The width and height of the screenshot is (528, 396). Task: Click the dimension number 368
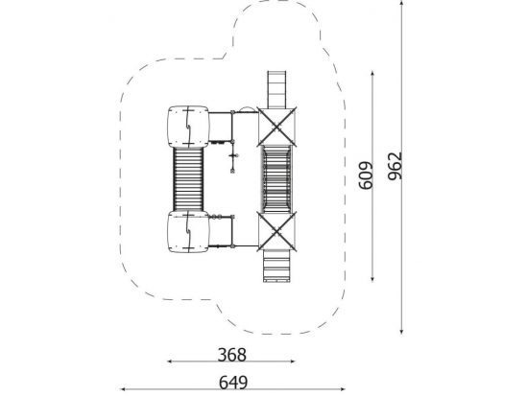232,355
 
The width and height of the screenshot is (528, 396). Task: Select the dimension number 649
233,383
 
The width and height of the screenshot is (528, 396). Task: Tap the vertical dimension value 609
367,175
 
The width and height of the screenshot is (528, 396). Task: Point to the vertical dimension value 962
395,166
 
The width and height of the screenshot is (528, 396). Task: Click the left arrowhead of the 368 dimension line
170,361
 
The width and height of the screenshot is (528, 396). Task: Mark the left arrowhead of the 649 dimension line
123,389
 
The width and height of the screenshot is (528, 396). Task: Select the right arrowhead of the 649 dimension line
342,389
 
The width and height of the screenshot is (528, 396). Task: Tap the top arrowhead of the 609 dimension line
372,74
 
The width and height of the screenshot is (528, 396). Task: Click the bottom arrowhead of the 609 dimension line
372,278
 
